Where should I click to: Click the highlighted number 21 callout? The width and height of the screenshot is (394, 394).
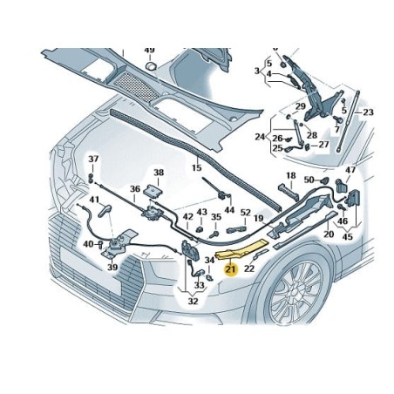[231, 269]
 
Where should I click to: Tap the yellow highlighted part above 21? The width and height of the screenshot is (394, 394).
[241, 250]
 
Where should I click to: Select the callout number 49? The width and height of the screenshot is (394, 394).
[149, 51]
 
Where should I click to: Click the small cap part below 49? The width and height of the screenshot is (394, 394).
[151, 65]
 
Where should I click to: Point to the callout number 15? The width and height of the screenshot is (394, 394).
[197, 167]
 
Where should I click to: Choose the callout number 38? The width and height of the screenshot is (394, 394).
[159, 173]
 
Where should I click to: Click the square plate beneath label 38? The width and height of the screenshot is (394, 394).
[153, 191]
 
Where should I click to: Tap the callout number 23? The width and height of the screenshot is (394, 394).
[368, 112]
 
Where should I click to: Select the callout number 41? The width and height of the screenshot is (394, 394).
[94, 200]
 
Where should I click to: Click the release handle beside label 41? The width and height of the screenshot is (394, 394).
[105, 210]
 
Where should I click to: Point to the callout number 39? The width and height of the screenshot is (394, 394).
[112, 267]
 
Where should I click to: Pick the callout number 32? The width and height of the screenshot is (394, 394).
[193, 301]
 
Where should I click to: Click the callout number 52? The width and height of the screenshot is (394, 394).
[246, 213]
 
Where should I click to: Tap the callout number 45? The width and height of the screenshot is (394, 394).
[347, 236]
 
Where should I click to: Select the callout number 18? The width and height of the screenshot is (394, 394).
[291, 175]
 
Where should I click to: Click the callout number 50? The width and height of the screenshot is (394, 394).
[309, 180]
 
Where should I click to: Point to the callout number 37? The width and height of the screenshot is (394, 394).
[93, 159]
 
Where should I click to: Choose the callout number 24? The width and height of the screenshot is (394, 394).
[260, 136]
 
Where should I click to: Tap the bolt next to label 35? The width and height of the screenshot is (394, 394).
[215, 234]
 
